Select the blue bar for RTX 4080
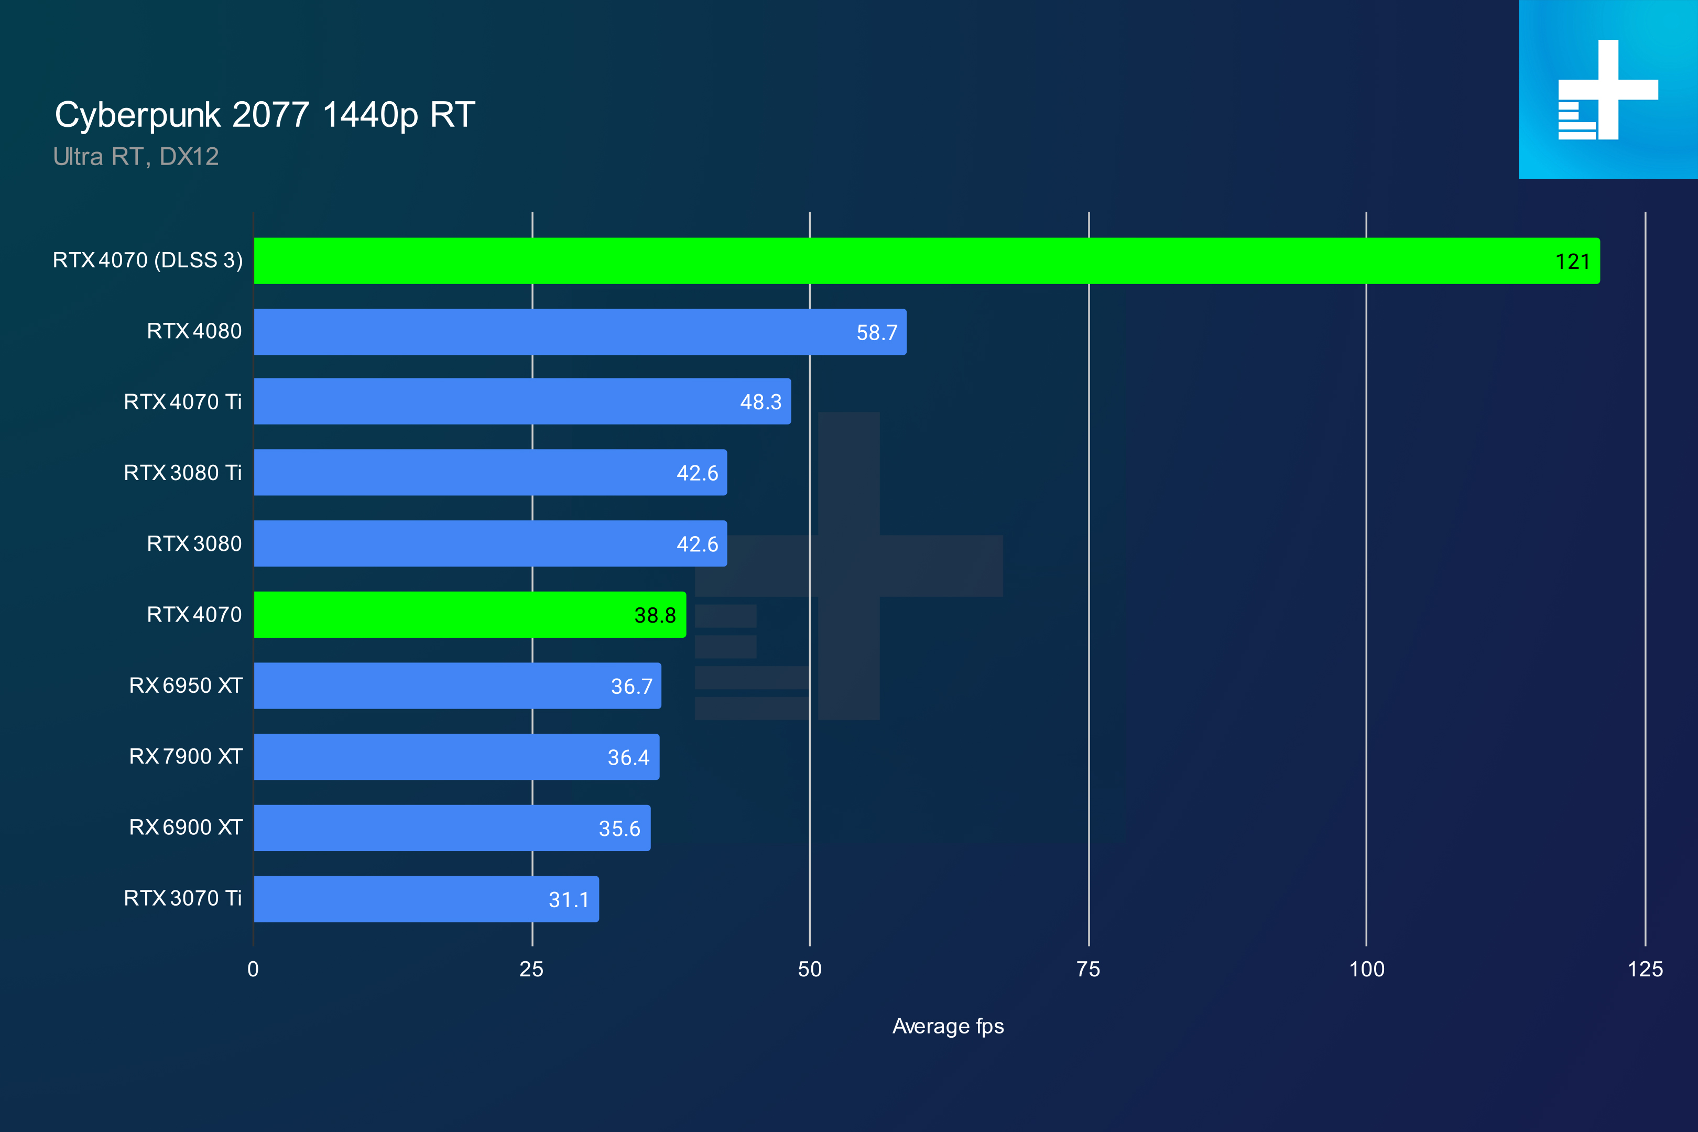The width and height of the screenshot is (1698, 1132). [580, 332]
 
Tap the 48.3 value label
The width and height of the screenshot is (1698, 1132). [760, 402]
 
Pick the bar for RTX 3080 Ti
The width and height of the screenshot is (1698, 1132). [490, 472]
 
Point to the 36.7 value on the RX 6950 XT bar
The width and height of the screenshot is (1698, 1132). [631, 686]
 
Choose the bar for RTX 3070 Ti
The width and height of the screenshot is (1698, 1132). [426, 899]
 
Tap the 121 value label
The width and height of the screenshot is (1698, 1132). [1572, 262]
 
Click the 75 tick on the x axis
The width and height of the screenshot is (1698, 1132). [1088, 969]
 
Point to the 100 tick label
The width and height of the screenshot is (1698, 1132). [1366, 969]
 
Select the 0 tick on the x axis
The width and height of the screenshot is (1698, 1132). [253, 969]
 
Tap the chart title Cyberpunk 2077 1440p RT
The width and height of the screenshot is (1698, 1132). [264, 115]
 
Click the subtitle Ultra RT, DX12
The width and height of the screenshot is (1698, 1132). [136, 157]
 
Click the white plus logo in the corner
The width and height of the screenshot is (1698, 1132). [1608, 90]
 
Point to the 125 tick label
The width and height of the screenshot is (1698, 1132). [1645, 969]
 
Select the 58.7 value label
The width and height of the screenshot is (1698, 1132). [876, 333]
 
